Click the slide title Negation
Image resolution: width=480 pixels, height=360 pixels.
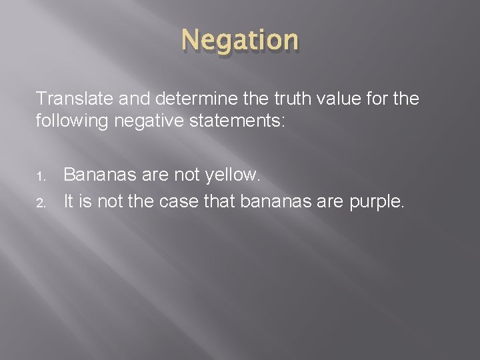240,41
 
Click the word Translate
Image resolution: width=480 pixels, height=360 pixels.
69,100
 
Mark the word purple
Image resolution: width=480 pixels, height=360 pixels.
380,201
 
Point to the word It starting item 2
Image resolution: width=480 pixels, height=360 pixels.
68,201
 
